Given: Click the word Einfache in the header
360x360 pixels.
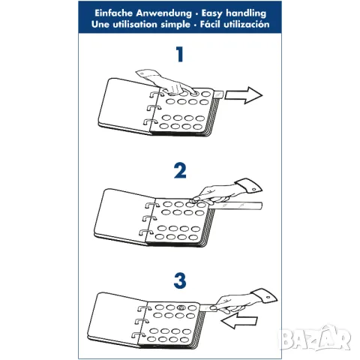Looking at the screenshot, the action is click(x=113, y=13).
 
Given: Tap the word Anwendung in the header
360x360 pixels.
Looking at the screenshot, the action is click(x=163, y=13).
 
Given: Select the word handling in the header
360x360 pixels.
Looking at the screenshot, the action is click(x=246, y=13).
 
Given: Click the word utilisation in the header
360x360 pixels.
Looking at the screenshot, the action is click(x=135, y=24).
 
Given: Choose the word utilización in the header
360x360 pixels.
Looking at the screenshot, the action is click(x=246, y=24).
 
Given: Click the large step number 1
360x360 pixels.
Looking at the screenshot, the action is click(x=180, y=54).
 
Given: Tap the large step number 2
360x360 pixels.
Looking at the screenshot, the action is click(x=180, y=170).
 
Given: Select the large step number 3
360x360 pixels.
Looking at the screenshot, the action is click(x=180, y=280).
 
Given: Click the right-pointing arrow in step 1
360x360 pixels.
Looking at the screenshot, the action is click(x=243, y=95).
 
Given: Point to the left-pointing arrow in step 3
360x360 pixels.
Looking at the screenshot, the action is click(x=239, y=320).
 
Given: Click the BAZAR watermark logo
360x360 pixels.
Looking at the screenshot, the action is click(x=315, y=337).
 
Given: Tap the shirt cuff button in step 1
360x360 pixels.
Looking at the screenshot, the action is click(x=142, y=74).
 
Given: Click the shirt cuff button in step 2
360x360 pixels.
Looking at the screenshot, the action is click(x=253, y=189).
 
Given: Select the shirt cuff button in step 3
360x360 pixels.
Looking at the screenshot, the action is click(x=268, y=297).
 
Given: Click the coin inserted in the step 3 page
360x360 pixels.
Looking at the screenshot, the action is click(x=181, y=307).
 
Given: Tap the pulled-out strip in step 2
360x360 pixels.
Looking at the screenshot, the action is click(x=235, y=205).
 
